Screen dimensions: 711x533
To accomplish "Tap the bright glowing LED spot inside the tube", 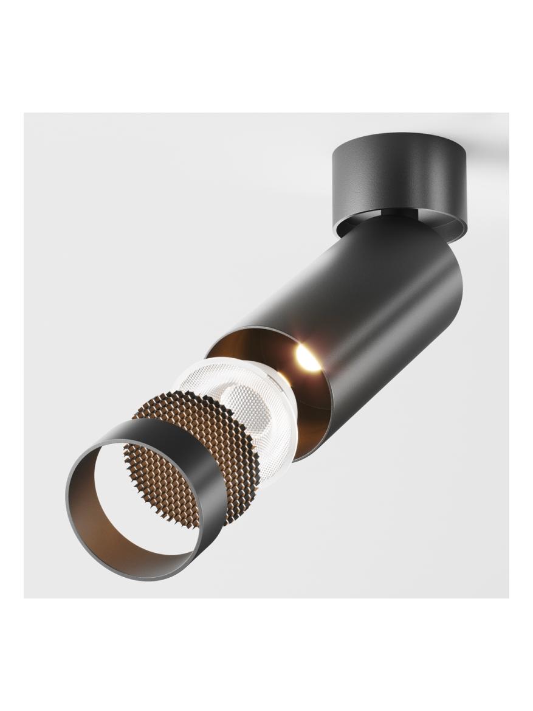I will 308,359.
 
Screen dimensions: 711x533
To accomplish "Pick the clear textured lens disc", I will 243,401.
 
